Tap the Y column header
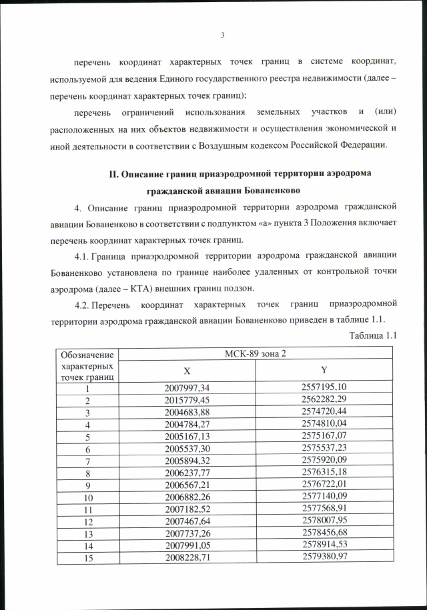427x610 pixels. pyautogui.click(x=324, y=371)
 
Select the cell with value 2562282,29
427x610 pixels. pyautogui.click(x=324, y=399)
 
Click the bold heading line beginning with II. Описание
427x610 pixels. pyautogui.click(x=240, y=174)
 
